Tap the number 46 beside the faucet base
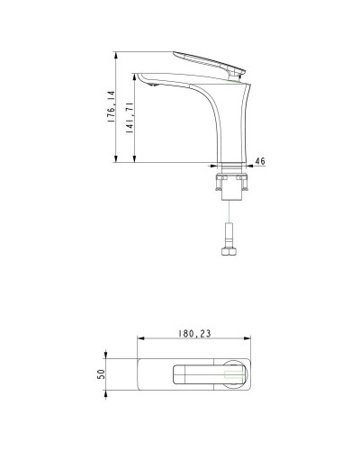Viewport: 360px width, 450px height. pos(261,161)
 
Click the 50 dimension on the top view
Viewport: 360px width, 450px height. pos(101,373)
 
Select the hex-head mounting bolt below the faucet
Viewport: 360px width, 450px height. pos(230,248)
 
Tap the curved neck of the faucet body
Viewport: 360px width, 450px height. pos(220,117)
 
